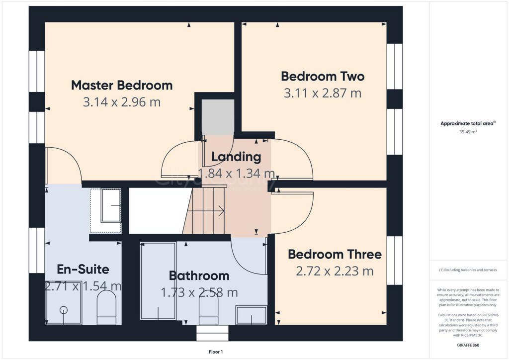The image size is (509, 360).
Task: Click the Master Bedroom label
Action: pos(122,85)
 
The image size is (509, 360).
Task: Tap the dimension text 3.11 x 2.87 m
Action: pos(323,92)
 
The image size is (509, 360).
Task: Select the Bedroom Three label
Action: pos(335,255)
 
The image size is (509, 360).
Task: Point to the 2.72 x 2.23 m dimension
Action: pos(335,271)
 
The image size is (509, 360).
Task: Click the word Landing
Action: pos(236,157)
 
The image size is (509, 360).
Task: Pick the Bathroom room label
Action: pos(199,275)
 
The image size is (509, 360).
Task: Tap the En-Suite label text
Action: pos(83,270)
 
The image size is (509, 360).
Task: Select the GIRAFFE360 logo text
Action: pos(469,345)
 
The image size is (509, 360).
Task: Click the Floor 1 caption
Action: pos(215,352)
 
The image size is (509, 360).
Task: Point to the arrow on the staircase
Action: pos(220,211)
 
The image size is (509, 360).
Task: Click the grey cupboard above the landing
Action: pos(217,117)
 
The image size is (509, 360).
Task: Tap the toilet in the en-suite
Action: pos(106,307)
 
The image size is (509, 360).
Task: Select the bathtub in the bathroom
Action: pos(158,281)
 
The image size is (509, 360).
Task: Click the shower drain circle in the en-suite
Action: pos(64,310)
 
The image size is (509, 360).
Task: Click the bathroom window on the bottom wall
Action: pos(212,333)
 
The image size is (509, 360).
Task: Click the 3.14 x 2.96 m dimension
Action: pos(122,102)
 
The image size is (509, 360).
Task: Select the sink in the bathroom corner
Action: pos(251,315)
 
